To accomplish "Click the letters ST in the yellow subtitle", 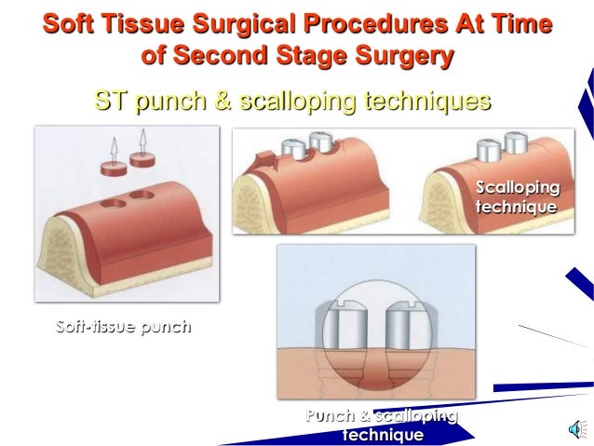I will point(112,100).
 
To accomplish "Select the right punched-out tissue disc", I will point(142,159).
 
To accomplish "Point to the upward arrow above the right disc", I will point(143,139).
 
